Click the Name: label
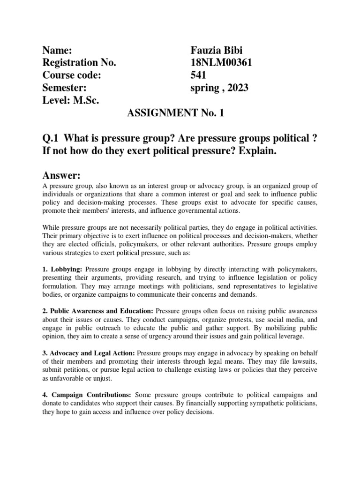[x=57, y=51]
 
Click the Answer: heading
[x=62, y=175]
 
